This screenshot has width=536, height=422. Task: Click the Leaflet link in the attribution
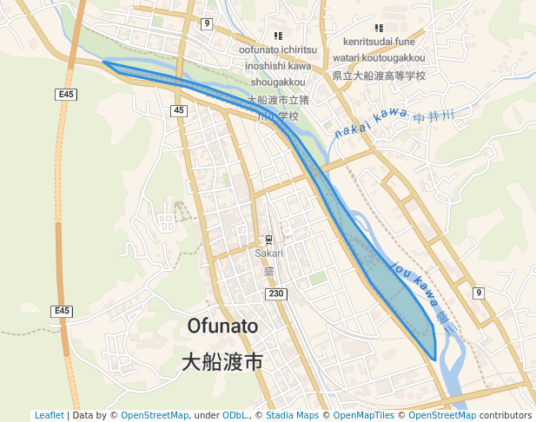(49, 415)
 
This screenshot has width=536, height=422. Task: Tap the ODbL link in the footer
(235, 415)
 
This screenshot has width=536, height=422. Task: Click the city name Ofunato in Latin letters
(223, 326)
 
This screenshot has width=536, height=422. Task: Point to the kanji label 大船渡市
(222, 361)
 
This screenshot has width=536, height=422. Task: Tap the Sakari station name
(269, 254)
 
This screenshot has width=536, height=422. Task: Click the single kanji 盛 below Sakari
(269, 271)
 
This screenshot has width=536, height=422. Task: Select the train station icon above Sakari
(269, 240)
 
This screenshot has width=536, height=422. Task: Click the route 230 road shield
(276, 295)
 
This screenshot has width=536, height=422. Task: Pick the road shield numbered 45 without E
(178, 110)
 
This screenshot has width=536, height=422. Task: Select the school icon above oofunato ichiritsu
(278, 36)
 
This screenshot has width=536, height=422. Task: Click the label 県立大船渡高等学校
(380, 76)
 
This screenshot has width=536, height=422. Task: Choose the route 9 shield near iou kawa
(478, 293)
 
